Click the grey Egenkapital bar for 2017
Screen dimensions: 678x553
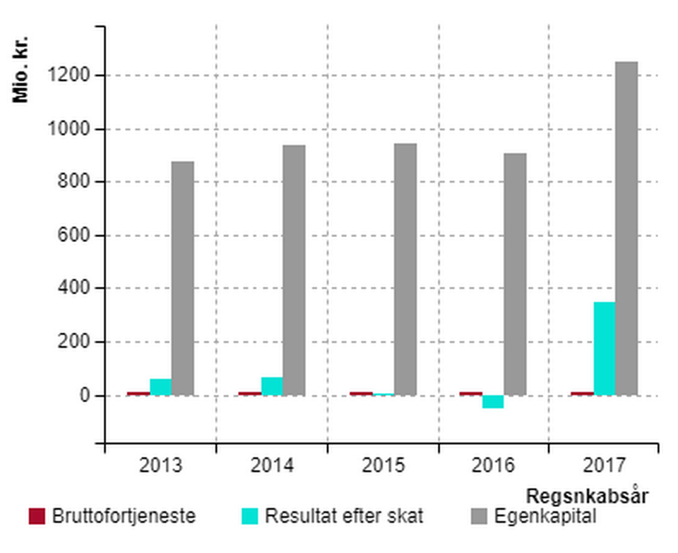tap(626, 229)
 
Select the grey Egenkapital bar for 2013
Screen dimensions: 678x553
tap(183, 279)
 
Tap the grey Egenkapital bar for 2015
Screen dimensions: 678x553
tap(405, 269)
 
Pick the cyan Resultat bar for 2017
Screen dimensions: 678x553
tap(605, 348)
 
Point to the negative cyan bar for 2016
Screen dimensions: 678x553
tap(493, 402)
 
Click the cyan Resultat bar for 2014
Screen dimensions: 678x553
tap(272, 387)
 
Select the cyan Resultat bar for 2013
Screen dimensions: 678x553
tap(160, 387)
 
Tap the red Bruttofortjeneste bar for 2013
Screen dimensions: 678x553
tap(138, 394)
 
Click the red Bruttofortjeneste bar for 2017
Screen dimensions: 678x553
tap(582, 394)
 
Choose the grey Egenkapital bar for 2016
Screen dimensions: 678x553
tap(515, 274)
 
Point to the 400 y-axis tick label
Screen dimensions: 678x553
tap(73, 288)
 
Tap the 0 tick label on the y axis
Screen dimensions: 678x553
tap(84, 396)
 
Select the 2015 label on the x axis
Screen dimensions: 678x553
tap(383, 466)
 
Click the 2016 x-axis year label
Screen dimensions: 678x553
tap(494, 466)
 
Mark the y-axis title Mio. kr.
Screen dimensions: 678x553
tap(20, 70)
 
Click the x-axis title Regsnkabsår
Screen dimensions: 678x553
tap(587, 496)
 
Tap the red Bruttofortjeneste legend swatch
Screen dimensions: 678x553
tap(37, 516)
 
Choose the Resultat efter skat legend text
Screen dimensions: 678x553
tap(344, 516)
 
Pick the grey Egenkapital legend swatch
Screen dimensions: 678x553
tap(479, 516)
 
